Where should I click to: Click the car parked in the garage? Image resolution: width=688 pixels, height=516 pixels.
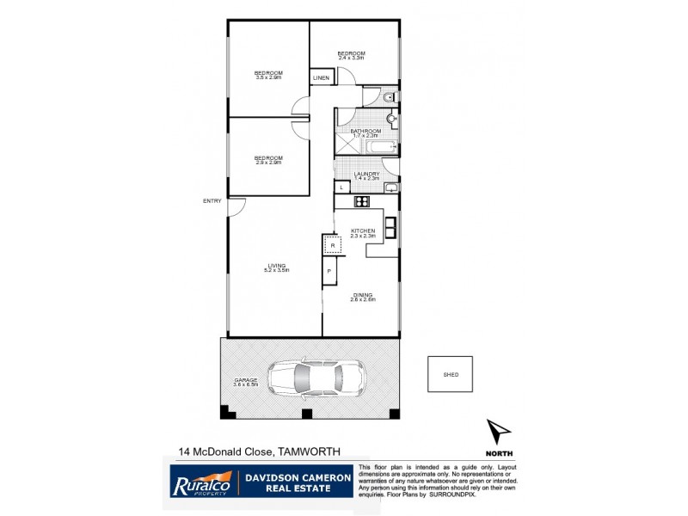[316, 378]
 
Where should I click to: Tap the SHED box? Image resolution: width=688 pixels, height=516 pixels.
[450, 374]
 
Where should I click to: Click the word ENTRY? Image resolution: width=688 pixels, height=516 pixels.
[212, 201]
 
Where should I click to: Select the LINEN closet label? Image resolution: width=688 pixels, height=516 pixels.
[321, 78]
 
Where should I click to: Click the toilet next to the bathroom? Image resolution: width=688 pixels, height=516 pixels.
[389, 95]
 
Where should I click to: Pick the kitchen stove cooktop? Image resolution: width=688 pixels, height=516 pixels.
[361, 203]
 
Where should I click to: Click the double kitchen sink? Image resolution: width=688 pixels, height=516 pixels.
[390, 226]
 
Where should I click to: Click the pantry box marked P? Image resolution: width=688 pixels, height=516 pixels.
[329, 273]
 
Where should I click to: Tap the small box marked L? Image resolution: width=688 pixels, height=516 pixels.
[341, 187]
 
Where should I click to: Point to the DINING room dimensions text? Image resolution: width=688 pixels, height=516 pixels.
[363, 300]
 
